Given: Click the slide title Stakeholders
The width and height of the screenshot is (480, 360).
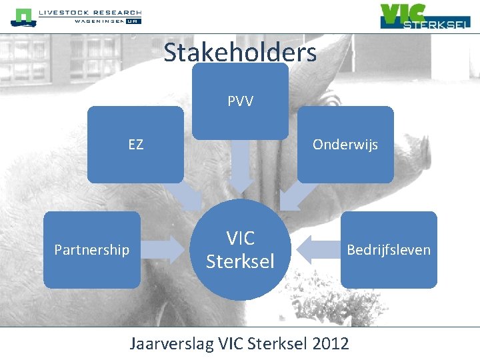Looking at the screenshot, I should click(x=240, y=52).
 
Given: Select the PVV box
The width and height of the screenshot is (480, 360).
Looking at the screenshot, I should click(x=240, y=101).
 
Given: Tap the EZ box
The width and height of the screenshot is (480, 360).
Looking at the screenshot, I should click(x=135, y=144).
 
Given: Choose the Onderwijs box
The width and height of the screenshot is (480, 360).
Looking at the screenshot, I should click(x=345, y=144).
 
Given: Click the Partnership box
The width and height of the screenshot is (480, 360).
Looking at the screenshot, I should click(x=92, y=249).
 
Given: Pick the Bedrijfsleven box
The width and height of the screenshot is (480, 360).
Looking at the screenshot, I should click(x=389, y=249).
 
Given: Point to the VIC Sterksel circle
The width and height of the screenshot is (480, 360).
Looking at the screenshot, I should click(x=240, y=249).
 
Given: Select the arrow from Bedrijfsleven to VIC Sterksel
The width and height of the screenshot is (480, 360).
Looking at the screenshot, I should click(x=316, y=249).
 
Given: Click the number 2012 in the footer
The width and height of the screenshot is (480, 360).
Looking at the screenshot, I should click(x=331, y=344).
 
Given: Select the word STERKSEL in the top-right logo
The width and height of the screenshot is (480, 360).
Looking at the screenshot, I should click(x=437, y=24).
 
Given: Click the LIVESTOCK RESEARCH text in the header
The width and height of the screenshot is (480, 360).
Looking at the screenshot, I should click(x=90, y=13).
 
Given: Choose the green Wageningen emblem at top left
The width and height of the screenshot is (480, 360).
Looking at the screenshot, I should click(x=23, y=17).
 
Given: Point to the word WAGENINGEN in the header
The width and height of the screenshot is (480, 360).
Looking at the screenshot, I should click(x=99, y=21).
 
